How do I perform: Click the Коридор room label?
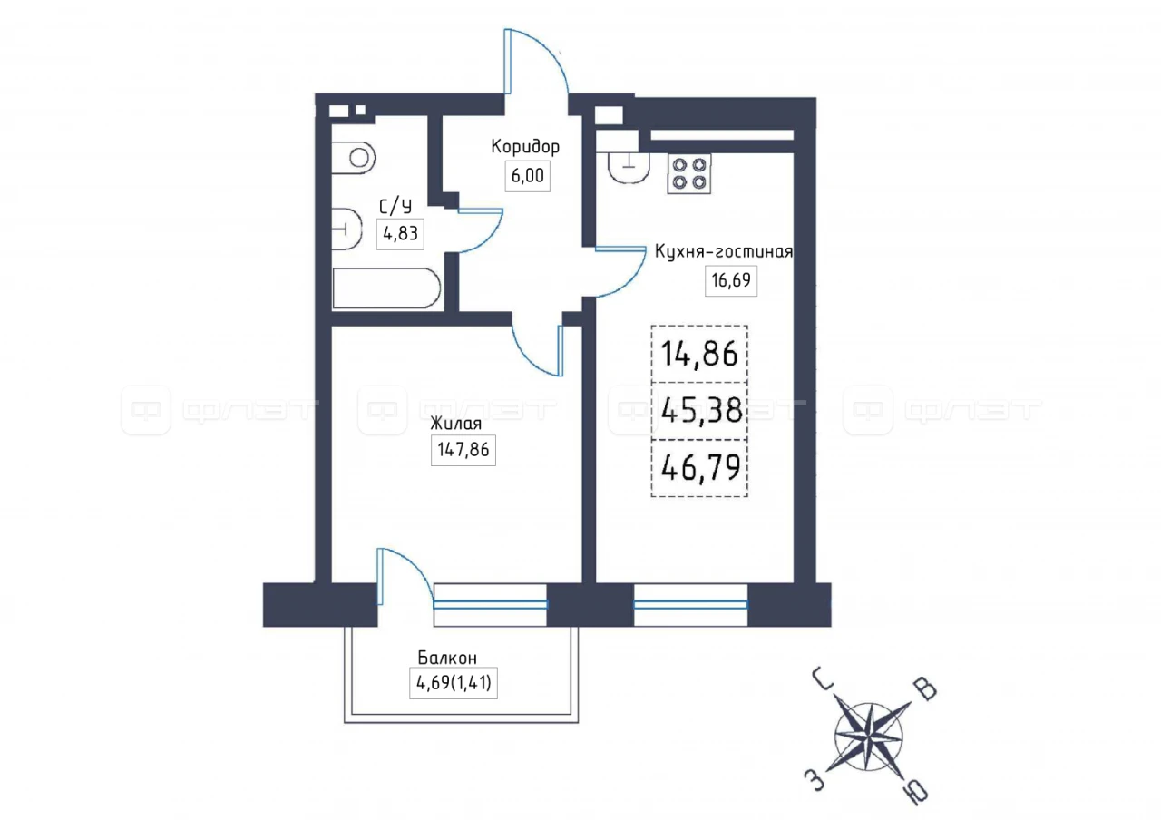point(525,147)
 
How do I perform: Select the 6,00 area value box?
point(528,176)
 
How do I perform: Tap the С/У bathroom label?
point(395,207)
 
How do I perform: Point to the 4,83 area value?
point(400,234)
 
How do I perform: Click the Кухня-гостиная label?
point(724,252)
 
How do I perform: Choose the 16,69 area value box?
point(731,281)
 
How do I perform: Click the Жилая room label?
point(455,424)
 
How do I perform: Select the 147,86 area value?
point(463,450)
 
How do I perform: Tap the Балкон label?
point(447,659)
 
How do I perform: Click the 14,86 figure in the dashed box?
point(699,355)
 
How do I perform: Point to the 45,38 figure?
point(702,412)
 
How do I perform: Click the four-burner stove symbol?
point(689,173)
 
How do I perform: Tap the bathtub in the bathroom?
point(386,288)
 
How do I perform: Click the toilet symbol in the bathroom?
point(353,158)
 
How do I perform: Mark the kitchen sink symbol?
point(629,168)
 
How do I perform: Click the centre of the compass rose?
point(869,737)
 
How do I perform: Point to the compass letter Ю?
point(915,793)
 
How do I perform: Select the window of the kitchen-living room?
point(690,604)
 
